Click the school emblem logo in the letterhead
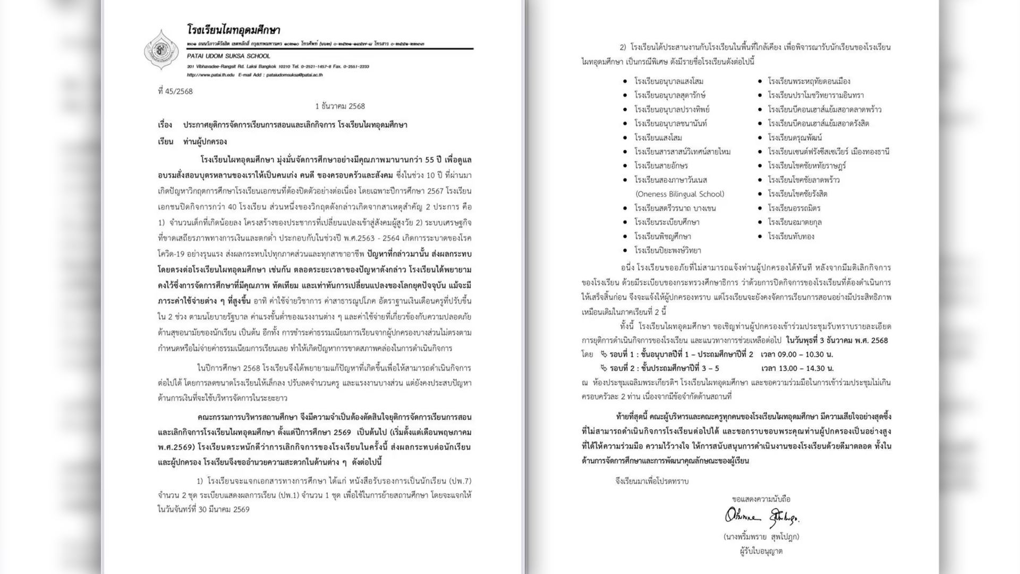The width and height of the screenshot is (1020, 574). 161,49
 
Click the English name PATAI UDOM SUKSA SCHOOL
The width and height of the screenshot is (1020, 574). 228,56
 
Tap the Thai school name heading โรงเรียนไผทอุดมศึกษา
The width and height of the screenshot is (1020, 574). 233,30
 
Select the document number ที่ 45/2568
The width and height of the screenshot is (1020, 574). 175,91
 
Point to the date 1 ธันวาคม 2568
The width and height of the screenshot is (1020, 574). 340,106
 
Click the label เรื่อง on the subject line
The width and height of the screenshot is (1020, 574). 165,125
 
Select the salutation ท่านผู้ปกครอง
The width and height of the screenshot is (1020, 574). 205,142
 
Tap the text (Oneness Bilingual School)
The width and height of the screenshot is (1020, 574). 680,194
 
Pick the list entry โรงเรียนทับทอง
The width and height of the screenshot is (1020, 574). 791,237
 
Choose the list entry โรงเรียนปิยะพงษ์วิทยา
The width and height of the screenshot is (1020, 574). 668,250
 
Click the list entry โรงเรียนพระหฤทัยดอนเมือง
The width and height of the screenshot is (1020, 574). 809,81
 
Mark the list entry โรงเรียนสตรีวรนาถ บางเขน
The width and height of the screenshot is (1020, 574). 675,208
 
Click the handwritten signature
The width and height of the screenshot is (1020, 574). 761,517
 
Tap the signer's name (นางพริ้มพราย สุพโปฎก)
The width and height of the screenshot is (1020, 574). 761,537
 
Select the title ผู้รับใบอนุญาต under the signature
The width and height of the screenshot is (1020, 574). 761,551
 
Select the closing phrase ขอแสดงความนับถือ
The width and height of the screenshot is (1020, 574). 761,499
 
